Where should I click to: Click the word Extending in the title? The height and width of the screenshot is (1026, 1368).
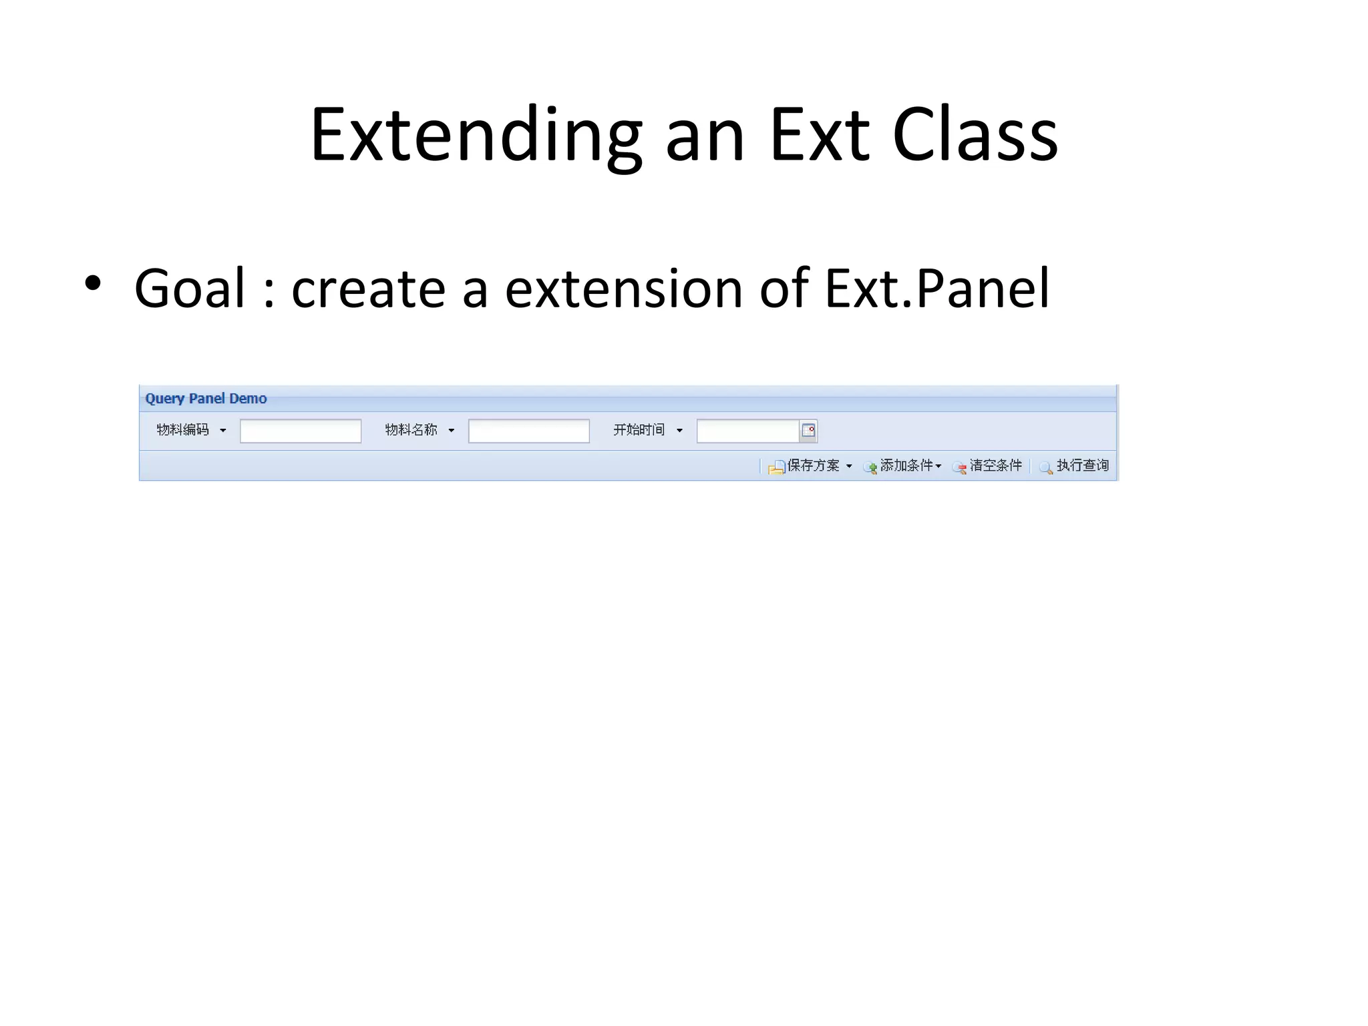pos(476,137)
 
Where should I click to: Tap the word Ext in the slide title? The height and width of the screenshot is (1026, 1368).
pos(820,137)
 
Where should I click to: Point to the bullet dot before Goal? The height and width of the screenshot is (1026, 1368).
pos(93,283)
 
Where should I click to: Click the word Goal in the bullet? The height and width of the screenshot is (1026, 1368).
pos(190,289)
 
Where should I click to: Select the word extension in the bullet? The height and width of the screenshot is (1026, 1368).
pos(624,289)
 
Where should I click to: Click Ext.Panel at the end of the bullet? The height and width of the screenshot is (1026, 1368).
pos(937,289)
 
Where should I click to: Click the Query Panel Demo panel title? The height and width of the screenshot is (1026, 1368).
pos(206,399)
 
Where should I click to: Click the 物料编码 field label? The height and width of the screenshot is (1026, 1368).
pos(182,430)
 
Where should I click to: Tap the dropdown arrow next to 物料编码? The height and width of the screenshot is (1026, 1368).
pos(223,431)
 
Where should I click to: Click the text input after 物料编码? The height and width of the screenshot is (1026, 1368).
pos(301,431)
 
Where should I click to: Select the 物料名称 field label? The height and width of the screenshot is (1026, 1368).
pos(411,430)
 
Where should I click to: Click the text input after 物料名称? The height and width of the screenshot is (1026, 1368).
pos(528,431)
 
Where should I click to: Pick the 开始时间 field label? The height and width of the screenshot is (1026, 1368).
pos(639,430)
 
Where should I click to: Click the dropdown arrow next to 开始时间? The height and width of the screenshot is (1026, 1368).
pos(679,431)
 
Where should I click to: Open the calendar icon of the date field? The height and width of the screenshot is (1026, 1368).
pos(808,431)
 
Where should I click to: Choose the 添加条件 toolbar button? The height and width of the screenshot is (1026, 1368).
pos(903,466)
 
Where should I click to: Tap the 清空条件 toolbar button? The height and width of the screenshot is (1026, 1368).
pos(989,466)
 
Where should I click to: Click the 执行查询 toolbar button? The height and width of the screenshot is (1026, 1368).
pos(1075,466)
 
